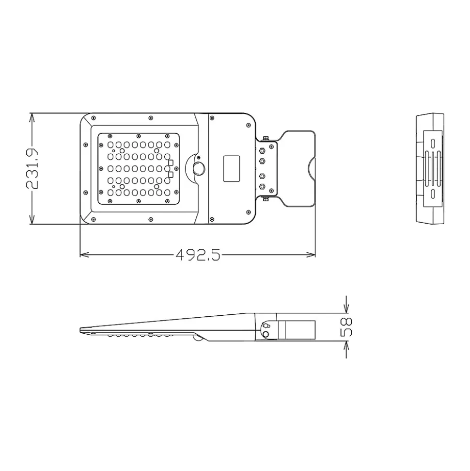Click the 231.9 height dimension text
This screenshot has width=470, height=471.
32,168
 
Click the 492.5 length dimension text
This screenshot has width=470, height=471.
198,255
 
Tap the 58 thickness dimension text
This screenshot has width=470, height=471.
346,327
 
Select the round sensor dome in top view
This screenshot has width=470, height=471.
198,168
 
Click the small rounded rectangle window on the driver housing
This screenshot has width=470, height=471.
232,168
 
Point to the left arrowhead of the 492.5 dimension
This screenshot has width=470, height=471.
84,255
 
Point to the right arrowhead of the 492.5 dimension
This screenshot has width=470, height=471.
311,255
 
